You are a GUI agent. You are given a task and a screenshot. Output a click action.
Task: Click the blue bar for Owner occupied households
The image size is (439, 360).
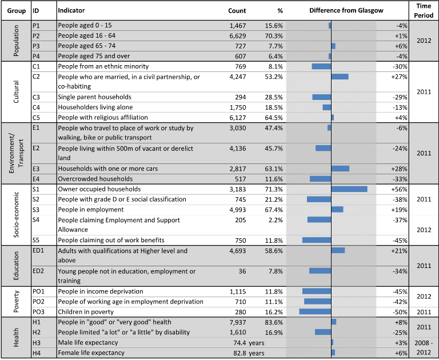349,189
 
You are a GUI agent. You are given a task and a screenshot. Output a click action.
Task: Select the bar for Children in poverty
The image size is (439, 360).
316,311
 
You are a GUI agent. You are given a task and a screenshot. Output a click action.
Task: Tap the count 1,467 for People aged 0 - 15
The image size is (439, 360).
238,26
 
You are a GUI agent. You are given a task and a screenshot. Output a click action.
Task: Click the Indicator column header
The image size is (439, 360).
71,10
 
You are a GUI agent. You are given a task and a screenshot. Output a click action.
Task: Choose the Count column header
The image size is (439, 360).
237,11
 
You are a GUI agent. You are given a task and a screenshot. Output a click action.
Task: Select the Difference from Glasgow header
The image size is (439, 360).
346,11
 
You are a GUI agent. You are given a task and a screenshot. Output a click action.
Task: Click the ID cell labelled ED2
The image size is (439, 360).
38,271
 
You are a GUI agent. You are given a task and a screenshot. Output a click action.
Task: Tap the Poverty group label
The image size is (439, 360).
16,301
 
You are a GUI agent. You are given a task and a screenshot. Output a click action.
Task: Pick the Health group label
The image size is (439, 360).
16,337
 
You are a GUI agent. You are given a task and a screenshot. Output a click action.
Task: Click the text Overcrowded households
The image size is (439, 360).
95,179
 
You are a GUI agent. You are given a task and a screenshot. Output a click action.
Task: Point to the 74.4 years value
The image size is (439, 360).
249,343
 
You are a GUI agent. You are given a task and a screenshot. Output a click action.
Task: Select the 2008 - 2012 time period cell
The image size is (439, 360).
424,347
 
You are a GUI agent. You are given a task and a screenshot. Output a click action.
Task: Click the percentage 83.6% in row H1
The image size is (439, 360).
274,322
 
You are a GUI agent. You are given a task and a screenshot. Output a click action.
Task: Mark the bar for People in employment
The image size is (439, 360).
337,209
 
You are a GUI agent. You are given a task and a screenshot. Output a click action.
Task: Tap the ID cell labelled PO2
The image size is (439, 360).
38,302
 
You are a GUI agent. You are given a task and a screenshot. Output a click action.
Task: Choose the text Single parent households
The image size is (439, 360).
95,97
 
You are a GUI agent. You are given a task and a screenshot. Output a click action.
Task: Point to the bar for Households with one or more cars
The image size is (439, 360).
341,169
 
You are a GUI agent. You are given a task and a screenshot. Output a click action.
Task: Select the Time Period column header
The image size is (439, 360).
424,11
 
